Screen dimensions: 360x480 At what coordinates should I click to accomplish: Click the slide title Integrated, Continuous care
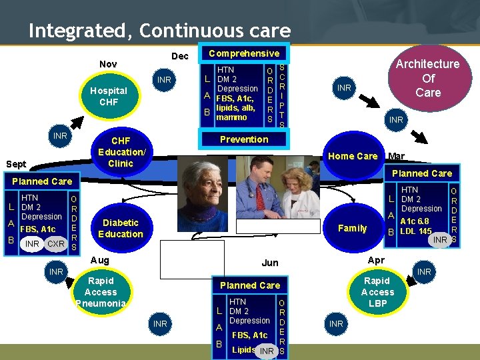point(159,31)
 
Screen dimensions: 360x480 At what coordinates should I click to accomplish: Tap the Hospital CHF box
point(108,97)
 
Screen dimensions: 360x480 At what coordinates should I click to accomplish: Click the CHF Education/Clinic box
point(121,152)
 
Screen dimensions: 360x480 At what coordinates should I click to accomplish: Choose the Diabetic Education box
point(121,228)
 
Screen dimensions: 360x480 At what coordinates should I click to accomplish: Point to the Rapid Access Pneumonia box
point(101,292)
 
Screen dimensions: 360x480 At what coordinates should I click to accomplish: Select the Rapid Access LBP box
point(377,292)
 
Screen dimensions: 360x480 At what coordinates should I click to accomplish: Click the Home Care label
point(353,156)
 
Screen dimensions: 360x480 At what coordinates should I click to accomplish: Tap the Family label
point(353,228)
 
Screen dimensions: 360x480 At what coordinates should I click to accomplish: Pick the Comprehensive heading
point(244,53)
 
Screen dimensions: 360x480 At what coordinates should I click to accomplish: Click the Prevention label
point(244,139)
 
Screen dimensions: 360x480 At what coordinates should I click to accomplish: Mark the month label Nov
point(108,64)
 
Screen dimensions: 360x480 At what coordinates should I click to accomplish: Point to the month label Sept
point(16,163)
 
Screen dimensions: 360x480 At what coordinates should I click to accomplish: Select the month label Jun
point(270,263)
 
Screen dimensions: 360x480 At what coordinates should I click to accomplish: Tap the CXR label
point(56,244)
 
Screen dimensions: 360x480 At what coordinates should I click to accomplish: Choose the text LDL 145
point(415,231)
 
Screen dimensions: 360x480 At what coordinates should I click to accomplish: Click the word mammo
point(231,117)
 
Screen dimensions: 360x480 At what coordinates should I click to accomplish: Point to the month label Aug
point(99,259)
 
